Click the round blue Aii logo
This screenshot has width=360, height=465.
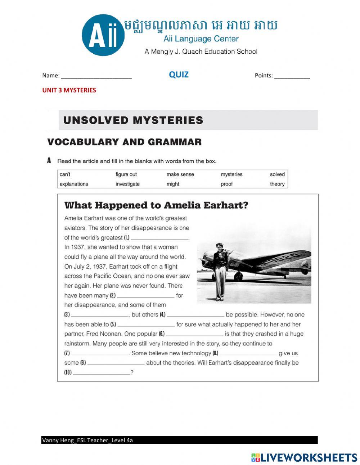point(103,35)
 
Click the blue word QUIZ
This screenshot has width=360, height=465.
point(179,75)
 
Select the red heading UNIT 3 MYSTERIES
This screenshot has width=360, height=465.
point(69,90)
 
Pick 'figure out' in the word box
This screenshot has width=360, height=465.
point(126,174)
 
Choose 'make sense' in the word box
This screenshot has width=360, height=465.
point(180,174)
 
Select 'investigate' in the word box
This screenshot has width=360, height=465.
point(127,184)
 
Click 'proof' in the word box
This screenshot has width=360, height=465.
point(227,184)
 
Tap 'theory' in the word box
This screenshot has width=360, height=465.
point(277,184)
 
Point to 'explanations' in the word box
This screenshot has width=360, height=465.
point(74,184)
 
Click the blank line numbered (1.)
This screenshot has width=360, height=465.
point(160,238)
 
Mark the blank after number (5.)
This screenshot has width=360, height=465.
point(146,325)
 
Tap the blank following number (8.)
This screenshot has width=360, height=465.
point(248,354)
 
